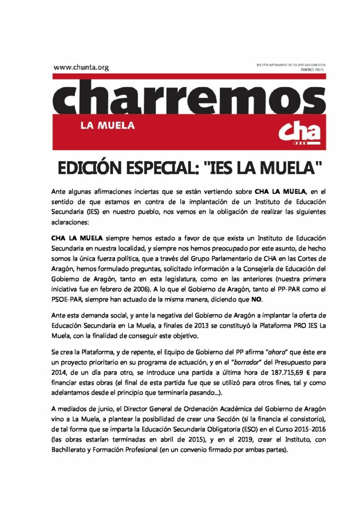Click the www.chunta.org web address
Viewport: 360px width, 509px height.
click(81, 68)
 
